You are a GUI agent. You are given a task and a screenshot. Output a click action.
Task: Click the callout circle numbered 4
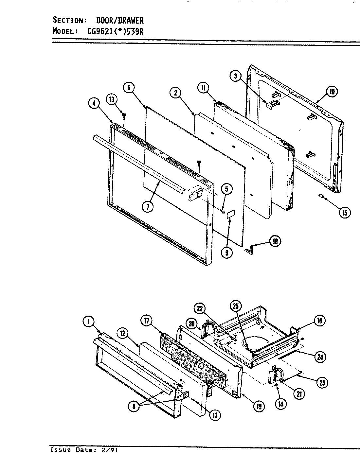pos(94,103)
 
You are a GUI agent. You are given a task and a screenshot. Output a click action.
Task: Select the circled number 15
pos(344,212)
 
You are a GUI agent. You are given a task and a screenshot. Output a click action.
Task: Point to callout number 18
pos(275,241)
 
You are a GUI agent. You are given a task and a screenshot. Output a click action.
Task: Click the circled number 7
pos(148,207)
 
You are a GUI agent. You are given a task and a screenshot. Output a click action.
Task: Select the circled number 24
pos(320,357)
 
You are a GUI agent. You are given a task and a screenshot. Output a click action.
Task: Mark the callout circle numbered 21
pos(298,394)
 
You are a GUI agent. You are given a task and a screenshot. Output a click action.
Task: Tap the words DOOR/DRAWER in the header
pos(119,20)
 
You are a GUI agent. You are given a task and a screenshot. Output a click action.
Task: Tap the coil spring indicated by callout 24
pos(288,355)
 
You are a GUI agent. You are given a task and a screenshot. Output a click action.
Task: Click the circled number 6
pos(129,87)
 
